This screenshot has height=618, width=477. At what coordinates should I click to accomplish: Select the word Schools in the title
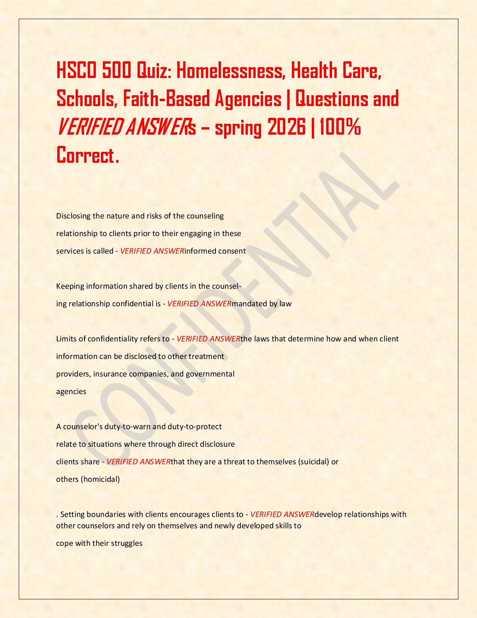point(85,99)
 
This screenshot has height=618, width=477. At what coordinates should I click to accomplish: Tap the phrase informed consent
point(215,251)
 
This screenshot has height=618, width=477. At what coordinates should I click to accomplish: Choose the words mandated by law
point(261,304)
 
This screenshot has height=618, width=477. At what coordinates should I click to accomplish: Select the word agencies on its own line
point(71,392)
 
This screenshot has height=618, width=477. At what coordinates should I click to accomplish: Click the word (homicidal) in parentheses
point(100,479)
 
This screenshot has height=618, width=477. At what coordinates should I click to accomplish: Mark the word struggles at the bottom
point(127,543)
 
